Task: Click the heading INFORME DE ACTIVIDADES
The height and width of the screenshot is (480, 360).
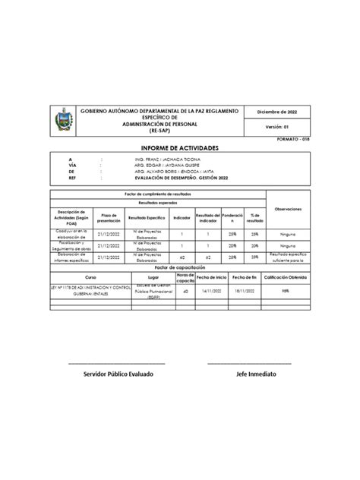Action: tap(179, 147)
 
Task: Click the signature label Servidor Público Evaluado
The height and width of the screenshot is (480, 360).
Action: tap(118, 375)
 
